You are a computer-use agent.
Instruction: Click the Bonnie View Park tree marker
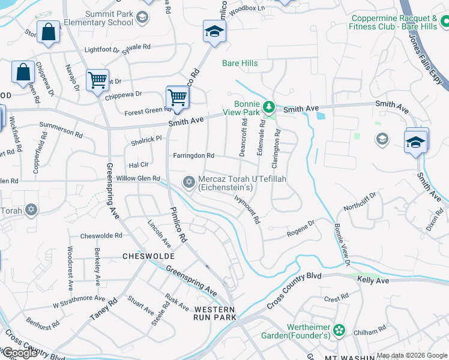270,107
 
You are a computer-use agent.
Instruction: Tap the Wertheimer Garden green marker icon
340,329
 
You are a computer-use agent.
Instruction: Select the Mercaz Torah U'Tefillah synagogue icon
189,181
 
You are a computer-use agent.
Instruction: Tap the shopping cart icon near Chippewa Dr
97,80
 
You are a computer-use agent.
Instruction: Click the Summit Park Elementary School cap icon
141,17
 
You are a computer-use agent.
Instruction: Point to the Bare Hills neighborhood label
240,63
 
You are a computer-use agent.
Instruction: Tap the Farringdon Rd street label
193,155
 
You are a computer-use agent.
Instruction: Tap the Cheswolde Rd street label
101,236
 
